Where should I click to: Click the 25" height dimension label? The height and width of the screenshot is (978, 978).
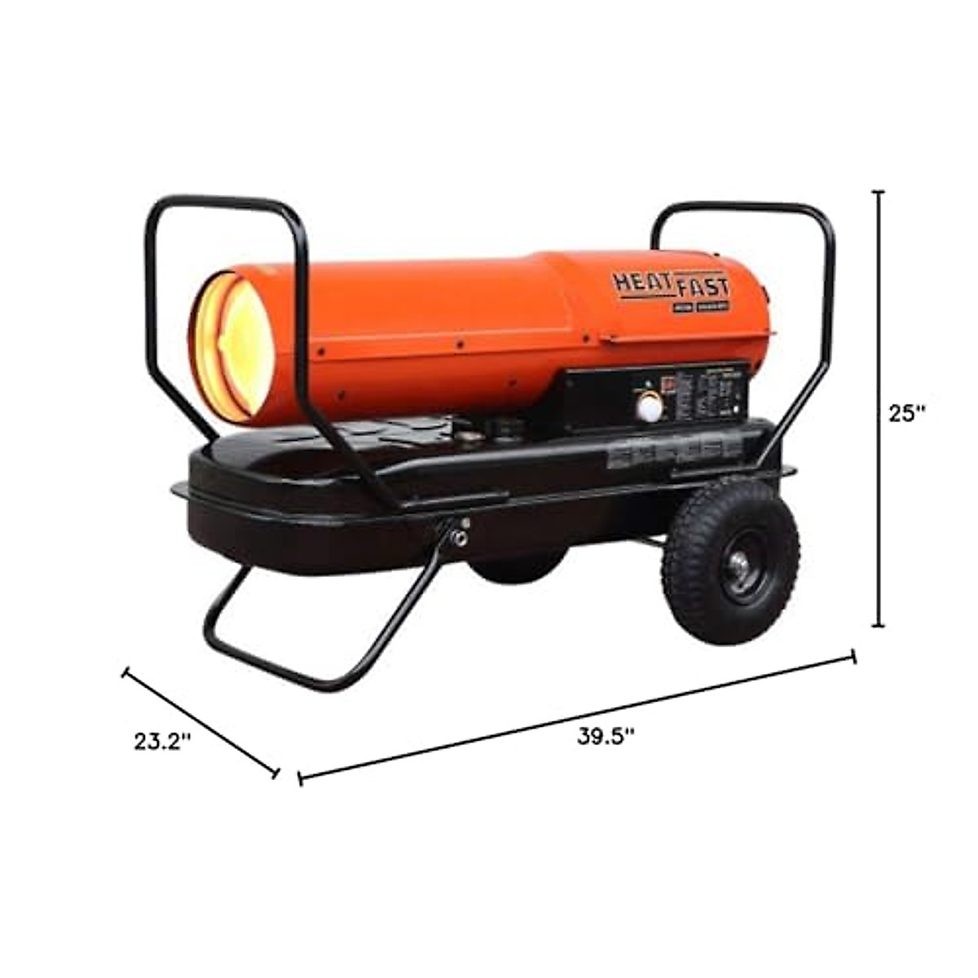907,413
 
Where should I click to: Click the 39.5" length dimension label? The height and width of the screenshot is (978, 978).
606,736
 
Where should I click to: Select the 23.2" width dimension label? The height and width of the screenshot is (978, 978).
163,742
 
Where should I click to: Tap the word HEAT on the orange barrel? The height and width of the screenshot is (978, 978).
642,284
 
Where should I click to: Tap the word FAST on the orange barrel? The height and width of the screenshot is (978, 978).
703,288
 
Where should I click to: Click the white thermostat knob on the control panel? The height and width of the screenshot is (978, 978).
650,405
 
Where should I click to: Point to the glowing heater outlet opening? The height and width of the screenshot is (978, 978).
232,349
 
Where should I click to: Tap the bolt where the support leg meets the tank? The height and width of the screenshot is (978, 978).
462,537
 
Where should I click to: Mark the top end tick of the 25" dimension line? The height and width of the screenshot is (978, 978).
879,192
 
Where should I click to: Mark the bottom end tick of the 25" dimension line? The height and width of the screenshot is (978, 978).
879,626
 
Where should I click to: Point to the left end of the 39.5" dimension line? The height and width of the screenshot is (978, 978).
301,778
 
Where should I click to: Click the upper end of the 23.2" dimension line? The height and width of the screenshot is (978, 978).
126,672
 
